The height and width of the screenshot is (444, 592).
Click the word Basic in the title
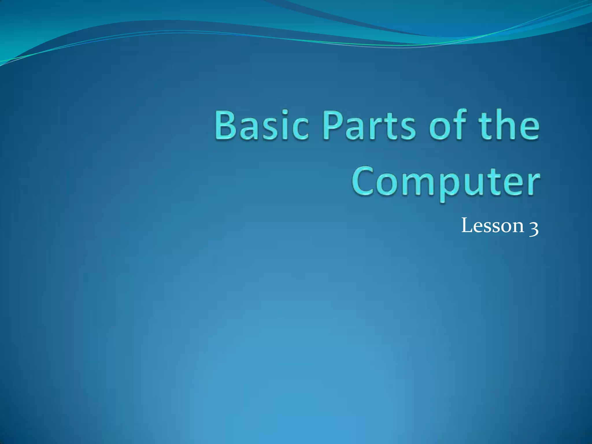(261, 125)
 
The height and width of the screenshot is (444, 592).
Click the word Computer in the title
(445, 182)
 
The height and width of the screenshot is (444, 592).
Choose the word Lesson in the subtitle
(493, 226)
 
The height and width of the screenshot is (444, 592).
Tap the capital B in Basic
(226, 125)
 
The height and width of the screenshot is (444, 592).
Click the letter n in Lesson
(517, 227)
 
